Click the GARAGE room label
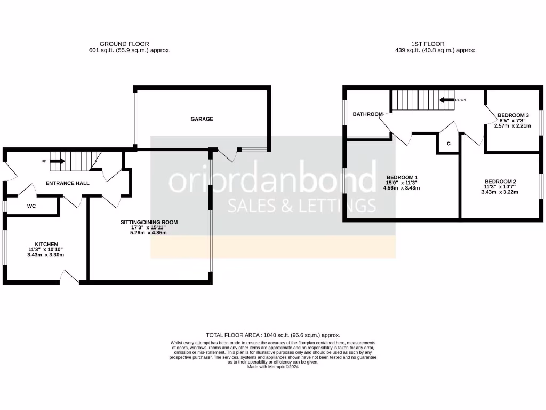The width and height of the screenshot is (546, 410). point(202,119)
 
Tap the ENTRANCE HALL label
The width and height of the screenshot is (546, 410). point(67,183)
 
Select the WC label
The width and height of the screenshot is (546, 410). point(31,206)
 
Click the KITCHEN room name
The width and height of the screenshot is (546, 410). point(46,244)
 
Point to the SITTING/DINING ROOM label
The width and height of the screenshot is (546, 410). point(149,222)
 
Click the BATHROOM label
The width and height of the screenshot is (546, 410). point(367,114)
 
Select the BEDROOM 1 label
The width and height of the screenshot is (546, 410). point(402,177)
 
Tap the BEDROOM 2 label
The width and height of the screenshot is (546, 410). point(500,182)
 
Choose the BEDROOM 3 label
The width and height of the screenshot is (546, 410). point(512,115)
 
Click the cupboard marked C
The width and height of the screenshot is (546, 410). point(448,144)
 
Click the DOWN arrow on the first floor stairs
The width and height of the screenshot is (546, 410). point(447,100)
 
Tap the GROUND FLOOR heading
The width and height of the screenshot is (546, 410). point(124,44)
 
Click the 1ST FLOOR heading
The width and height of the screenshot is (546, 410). point(428,44)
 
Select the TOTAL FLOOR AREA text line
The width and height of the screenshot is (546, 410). point(273,335)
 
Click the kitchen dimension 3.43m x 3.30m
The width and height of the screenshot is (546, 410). point(46,255)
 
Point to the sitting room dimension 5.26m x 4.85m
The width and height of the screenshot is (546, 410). point(149,233)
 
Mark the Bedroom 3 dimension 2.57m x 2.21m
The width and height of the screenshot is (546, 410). point(512,126)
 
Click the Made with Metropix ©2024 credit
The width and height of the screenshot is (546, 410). point(273,367)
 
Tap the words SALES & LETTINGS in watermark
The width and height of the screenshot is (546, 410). point(302,205)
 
